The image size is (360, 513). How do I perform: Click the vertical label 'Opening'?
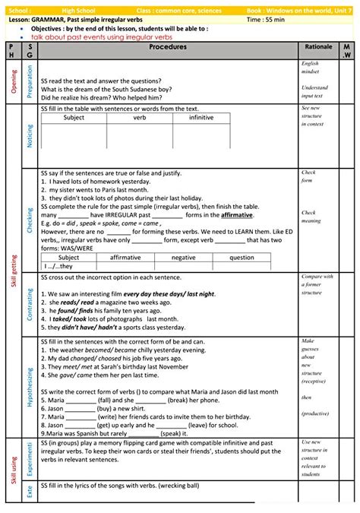click(13, 81)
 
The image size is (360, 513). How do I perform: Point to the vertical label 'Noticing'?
click(30, 135)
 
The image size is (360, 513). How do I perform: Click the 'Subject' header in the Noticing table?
click(74, 118)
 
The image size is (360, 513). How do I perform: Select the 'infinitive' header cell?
click(201, 118)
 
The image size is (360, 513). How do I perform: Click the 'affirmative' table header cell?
click(125, 258)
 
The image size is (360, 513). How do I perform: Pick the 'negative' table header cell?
click(183, 258)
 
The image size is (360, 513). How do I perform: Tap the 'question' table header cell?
click(242, 258)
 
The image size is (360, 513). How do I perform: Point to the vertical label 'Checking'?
click(30, 220)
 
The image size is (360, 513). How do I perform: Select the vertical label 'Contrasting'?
click(30, 303)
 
